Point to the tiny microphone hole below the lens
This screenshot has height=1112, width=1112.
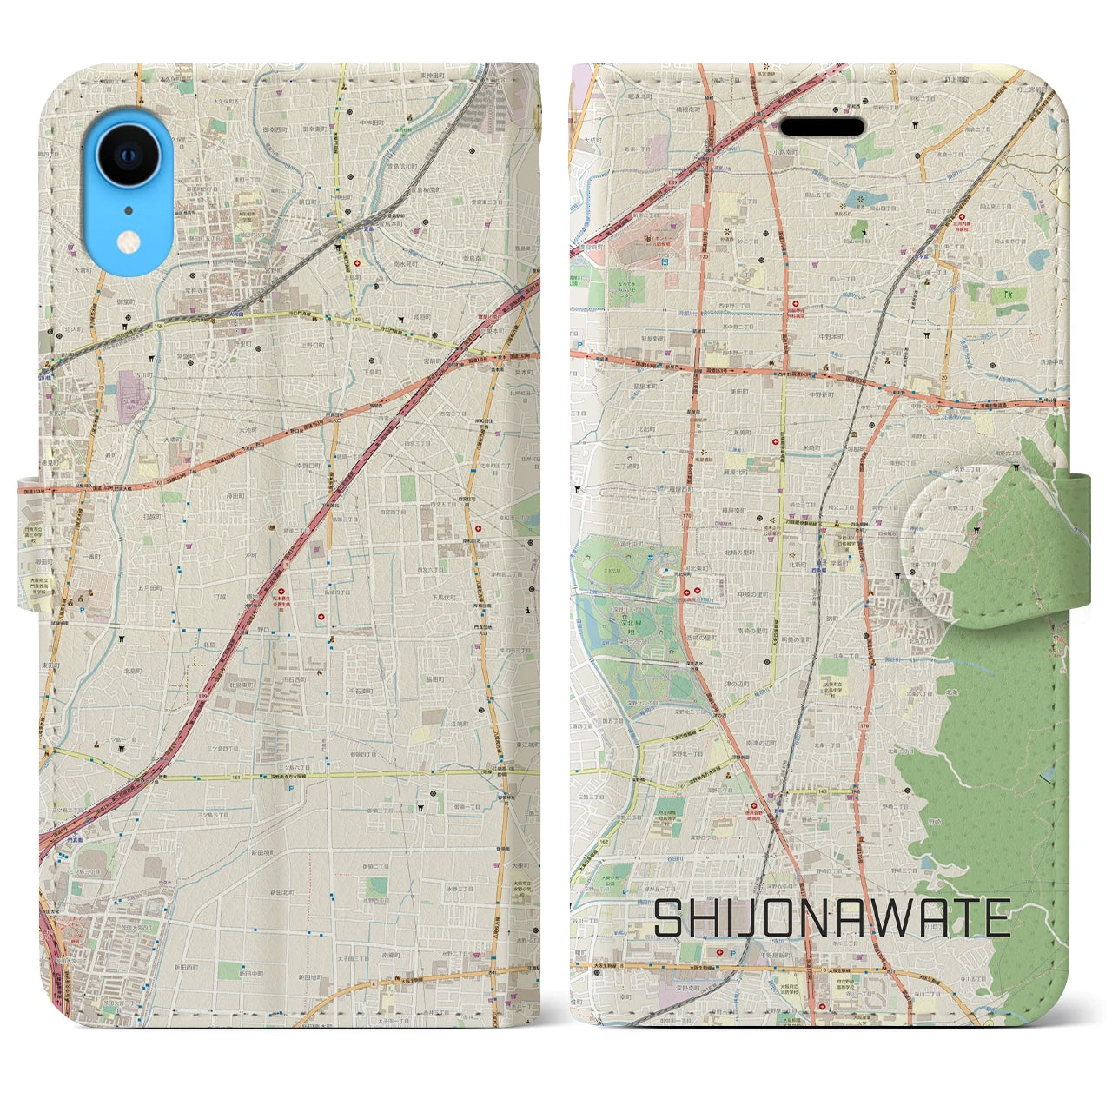point(129,210)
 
